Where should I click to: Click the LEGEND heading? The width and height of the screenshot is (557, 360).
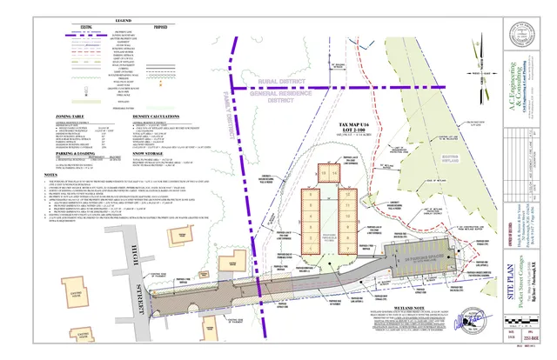tap(111, 20)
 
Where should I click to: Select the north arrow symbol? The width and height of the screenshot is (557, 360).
tap(476, 67)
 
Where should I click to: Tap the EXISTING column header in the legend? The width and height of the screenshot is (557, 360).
tap(87, 26)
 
